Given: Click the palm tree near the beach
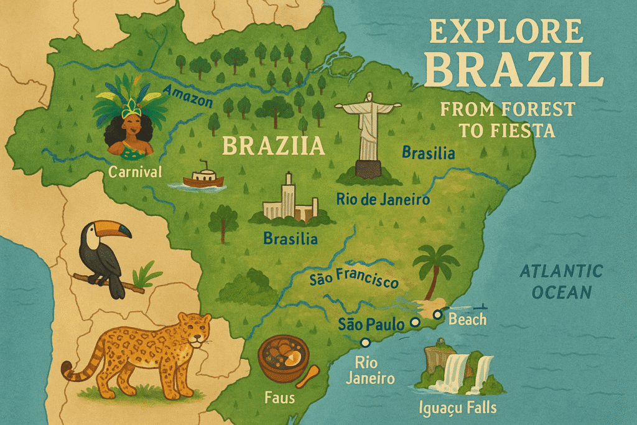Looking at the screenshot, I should pyautogui.click(x=434, y=268).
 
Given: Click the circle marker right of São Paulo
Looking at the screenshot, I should pyautogui.click(x=415, y=323).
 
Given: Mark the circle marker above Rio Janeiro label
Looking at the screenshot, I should pyautogui.click(x=365, y=342).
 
